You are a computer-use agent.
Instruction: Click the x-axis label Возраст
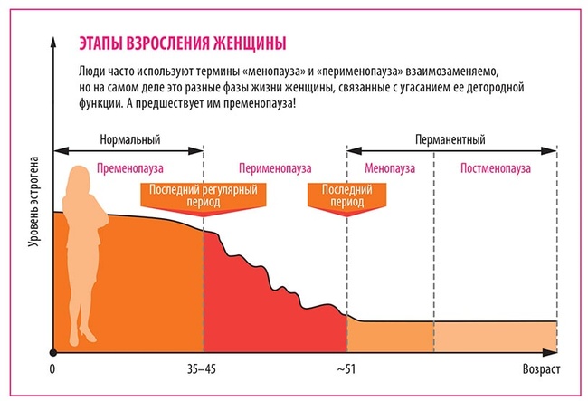tap(542, 370)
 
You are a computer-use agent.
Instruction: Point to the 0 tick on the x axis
tap(53, 370)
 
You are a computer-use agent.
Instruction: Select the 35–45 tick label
tap(204, 370)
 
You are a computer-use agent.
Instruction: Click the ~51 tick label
tap(346, 370)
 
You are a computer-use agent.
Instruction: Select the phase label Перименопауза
tap(274, 168)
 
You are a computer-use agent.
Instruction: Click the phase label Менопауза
tap(390, 168)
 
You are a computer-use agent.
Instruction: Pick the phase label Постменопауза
tap(495, 168)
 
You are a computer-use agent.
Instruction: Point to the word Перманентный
tap(450, 140)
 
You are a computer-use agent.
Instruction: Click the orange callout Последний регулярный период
tap(204, 197)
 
